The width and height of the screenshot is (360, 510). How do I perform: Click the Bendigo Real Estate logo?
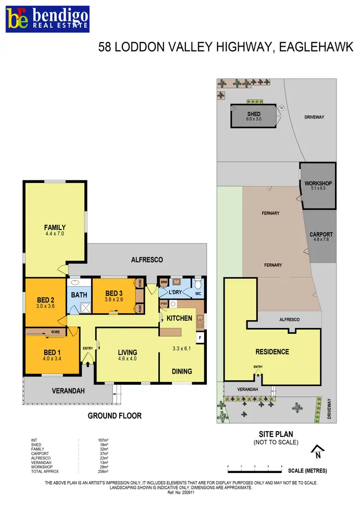(47, 19)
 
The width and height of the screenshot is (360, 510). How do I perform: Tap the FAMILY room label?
(55, 227)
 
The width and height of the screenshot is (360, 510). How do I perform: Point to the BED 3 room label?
(115, 293)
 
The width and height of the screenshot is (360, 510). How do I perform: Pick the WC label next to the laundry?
(198, 292)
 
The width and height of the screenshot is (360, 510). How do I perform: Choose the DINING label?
(182, 371)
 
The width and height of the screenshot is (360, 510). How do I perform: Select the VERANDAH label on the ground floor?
(68, 391)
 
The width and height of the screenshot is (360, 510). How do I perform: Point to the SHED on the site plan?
(253, 116)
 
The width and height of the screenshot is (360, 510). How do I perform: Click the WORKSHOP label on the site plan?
(318, 183)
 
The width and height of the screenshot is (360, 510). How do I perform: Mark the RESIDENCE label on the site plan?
(272, 352)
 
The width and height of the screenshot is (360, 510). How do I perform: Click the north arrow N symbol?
(318, 451)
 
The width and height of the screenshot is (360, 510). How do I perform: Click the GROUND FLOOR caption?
(115, 415)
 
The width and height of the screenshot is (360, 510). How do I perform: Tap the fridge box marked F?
(200, 338)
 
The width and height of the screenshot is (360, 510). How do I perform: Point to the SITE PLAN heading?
(276, 434)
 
